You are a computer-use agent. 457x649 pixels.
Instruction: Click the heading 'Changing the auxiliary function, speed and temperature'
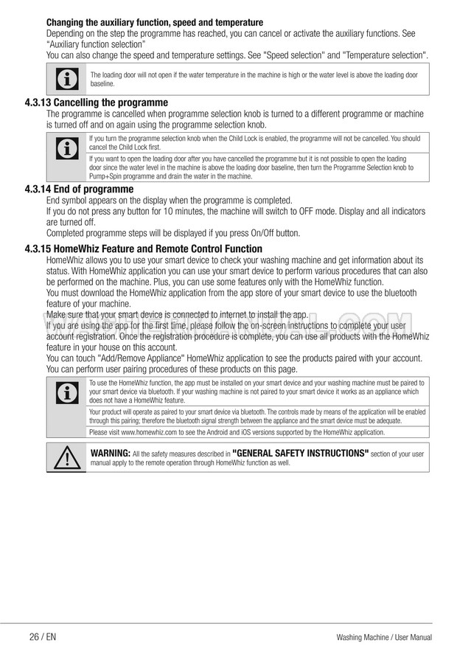coord(154,23)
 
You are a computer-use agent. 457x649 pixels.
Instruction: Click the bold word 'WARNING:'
coord(110,453)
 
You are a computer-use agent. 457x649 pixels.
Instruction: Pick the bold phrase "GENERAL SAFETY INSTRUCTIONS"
coord(300,453)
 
